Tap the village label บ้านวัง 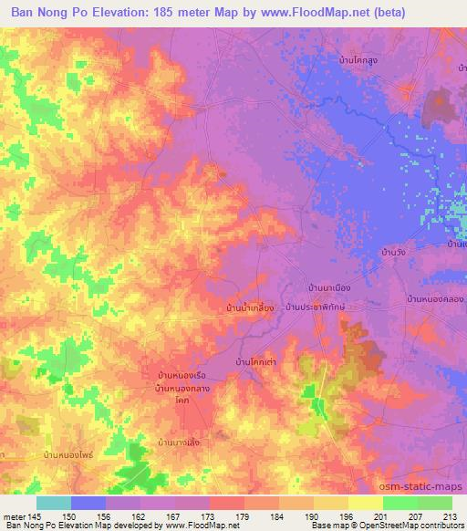[x=394, y=250]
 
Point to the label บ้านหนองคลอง [x=436, y=299]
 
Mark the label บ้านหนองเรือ [x=186, y=375]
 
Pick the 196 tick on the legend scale [x=348, y=516]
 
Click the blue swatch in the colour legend [x=88, y=503]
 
